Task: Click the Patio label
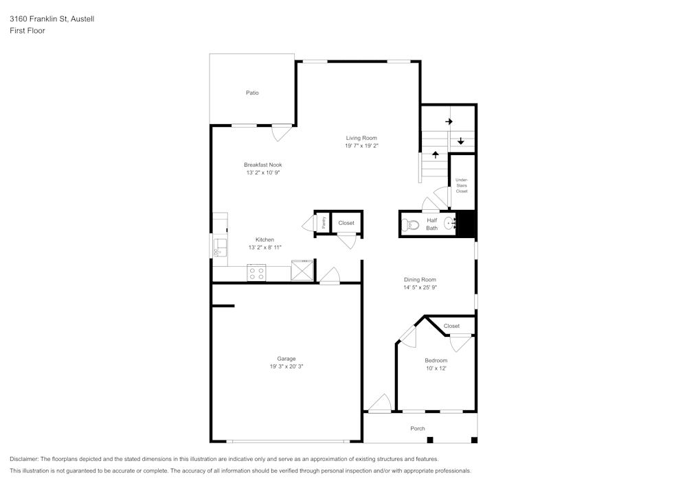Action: pyautogui.click(x=252, y=93)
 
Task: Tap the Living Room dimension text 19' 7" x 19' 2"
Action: pyautogui.click(x=361, y=146)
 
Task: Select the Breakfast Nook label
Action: pyautogui.click(x=262, y=165)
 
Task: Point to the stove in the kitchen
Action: pyautogui.click(x=256, y=273)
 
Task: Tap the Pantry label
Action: pyautogui.click(x=323, y=223)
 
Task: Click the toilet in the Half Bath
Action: pyautogui.click(x=412, y=224)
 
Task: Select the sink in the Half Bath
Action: pyautogui.click(x=451, y=223)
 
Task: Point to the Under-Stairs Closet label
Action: pyautogui.click(x=462, y=185)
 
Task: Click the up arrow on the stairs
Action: pyautogui.click(x=435, y=154)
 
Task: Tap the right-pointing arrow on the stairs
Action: pyautogui.click(x=449, y=121)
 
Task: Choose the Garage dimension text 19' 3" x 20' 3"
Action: pyautogui.click(x=286, y=367)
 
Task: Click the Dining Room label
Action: pyautogui.click(x=420, y=279)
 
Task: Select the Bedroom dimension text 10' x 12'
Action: pyautogui.click(x=436, y=368)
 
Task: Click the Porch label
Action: pyautogui.click(x=418, y=429)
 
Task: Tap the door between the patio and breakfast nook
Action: pyautogui.click(x=282, y=132)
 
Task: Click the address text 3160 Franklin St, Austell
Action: pyautogui.click(x=52, y=19)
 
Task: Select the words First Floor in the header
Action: pyautogui.click(x=27, y=31)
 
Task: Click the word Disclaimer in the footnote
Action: pyautogui.click(x=25, y=459)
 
